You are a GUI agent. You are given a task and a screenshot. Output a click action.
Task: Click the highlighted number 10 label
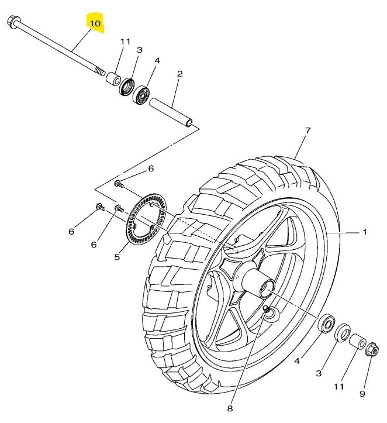tap(95, 23)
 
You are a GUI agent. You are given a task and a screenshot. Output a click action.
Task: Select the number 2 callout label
tap(179, 74)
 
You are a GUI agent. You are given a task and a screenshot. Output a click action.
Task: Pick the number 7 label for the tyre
tap(307, 130)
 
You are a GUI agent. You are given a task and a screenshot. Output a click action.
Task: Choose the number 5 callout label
tap(116, 256)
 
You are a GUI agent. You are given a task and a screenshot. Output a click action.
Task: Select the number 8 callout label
tap(230, 408)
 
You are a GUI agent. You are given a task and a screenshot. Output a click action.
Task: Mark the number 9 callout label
tap(362, 394)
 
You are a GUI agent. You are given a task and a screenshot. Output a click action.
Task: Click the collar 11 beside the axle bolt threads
tap(113, 79)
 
